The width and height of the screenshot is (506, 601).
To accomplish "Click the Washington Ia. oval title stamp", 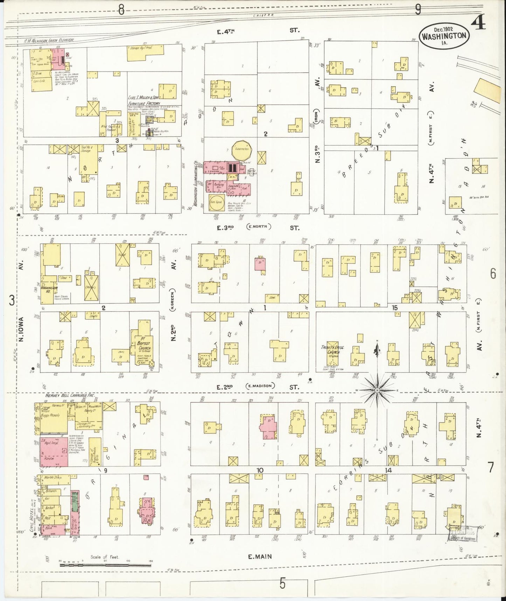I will pos(444,36).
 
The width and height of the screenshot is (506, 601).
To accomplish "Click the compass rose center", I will pos(377,390).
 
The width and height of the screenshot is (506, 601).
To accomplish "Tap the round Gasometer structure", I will pos(242,149).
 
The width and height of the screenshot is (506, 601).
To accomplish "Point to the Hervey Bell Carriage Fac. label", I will pos(70,395).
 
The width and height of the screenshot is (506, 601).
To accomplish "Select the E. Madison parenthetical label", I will pos(260,386).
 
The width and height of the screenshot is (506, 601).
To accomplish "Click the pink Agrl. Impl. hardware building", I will pos(54,452).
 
